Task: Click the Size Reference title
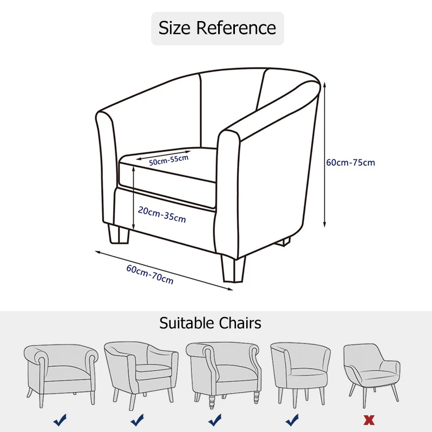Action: (217, 28)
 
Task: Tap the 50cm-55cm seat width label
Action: (169, 160)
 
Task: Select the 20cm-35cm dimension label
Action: (161, 214)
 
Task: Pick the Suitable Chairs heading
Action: (210, 323)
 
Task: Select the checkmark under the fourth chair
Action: (292, 419)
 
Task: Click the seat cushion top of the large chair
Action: (167, 162)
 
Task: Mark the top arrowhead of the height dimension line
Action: (325, 85)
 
